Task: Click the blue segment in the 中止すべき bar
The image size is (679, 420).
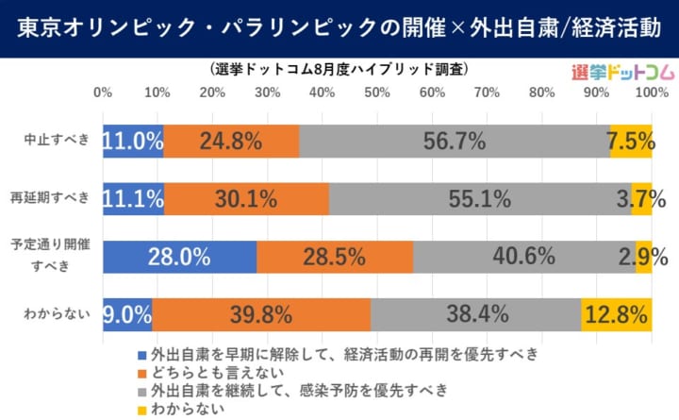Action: (x=133, y=142)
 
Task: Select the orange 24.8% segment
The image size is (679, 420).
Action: (x=231, y=142)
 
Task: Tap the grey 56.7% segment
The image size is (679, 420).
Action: (x=455, y=142)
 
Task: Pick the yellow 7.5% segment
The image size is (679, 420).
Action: (x=631, y=142)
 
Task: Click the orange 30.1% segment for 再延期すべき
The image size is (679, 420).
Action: (x=246, y=199)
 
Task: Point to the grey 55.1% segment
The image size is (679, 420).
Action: (x=480, y=199)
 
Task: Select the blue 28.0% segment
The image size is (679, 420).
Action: (x=179, y=256)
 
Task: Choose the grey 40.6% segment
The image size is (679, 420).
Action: (x=523, y=256)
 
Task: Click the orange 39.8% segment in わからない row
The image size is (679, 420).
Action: (x=261, y=313)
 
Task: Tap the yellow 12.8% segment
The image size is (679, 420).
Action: (x=616, y=313)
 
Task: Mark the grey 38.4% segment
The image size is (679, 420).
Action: (x=475, y=313)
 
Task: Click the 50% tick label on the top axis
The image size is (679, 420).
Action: (x=377, y=93)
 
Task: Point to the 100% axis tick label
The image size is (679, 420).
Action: (x=650, y=93)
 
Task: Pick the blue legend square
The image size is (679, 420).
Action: (x=142, y=355)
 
